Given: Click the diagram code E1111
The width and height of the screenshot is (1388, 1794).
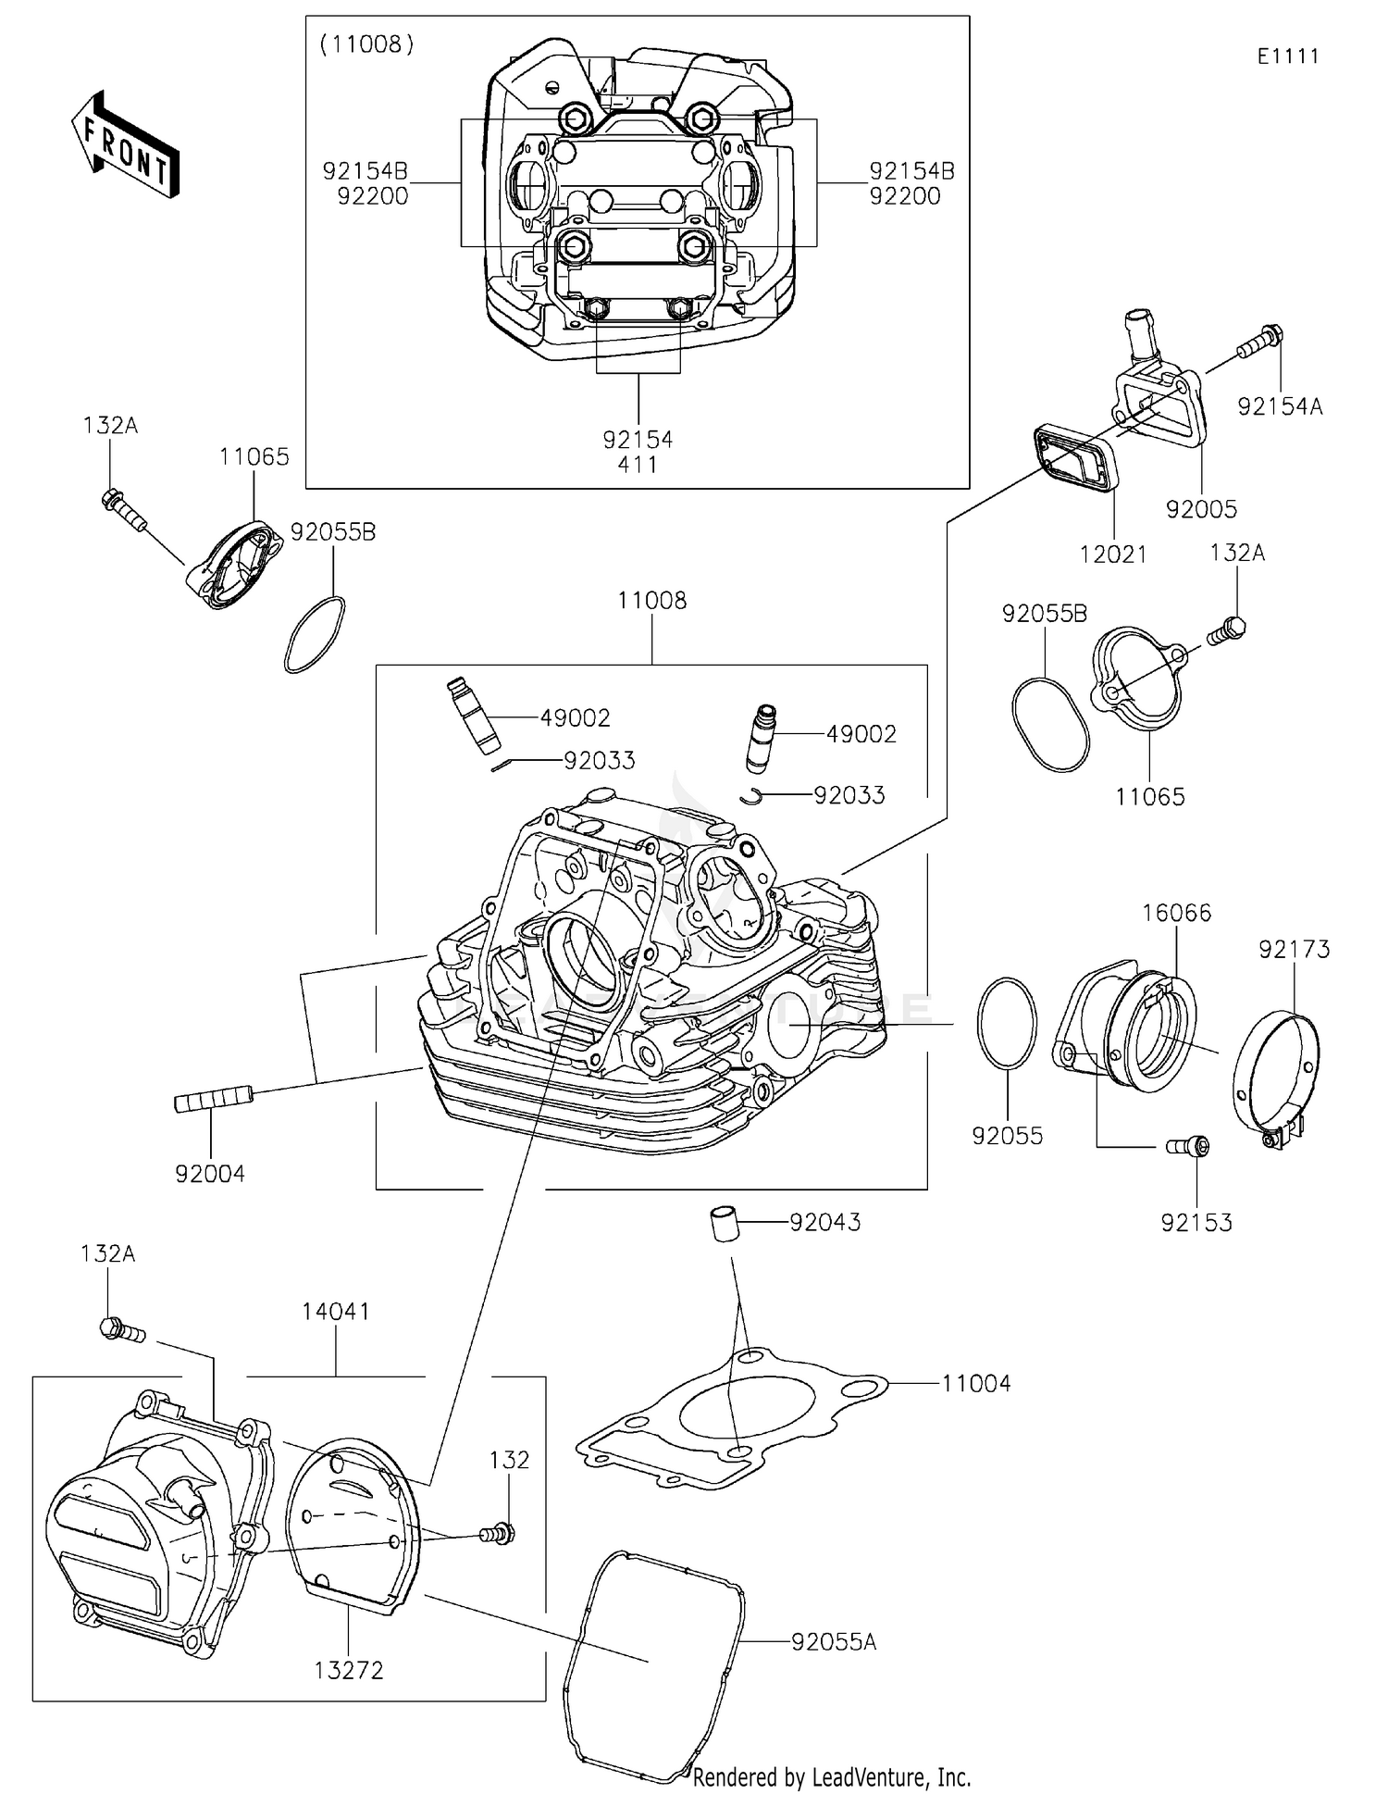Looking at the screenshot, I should (x=1287, y=56).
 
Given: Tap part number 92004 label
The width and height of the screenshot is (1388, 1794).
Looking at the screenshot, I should (x=210, y=1174).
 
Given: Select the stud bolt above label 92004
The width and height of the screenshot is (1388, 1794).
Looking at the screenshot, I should (x=213, y=1099).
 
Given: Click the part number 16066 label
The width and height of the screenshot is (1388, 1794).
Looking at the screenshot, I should (x=1176, y=913).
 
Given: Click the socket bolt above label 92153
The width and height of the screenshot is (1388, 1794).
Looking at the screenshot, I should (x=1187, y=1146).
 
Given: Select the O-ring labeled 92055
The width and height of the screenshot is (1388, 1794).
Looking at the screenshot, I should (x=1007, y=1023).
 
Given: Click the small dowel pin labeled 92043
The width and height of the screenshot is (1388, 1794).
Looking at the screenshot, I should (x=722, y=1224).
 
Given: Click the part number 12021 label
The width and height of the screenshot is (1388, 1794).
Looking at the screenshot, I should (x=1113, y=554).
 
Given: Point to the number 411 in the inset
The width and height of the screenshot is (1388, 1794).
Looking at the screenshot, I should (x=638, y=464).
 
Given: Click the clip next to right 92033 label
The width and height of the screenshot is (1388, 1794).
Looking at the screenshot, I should (x=753, y=794).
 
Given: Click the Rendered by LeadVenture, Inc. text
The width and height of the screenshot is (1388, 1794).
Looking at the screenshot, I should (x=832, y=1776).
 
